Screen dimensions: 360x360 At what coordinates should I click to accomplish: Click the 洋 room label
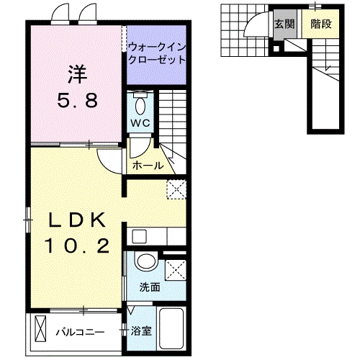tap(77, 73)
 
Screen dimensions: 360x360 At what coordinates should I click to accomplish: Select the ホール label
tap(148, 166)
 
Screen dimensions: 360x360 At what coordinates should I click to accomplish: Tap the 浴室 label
tap(142, 332)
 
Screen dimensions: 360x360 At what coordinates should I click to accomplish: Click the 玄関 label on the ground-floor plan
tap(282, 24)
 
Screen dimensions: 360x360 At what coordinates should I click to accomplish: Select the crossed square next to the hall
tap(175, 189)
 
